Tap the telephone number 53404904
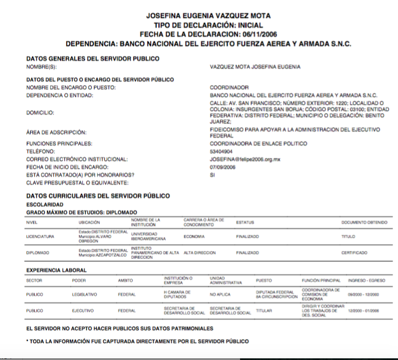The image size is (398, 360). pos(221,151)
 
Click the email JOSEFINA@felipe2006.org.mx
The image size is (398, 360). pos(245,159)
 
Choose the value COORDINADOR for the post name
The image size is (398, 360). pos(228,88)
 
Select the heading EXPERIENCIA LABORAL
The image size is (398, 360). pos(57,270)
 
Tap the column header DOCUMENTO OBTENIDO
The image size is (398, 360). pos(364,222)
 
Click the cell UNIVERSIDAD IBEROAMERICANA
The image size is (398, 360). pos(148,236)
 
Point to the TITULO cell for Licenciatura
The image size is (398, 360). pos(348,237)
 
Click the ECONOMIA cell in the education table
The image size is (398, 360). pos(194,237)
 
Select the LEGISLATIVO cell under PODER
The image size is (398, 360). pos(85,294)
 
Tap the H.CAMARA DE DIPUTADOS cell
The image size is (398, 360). pos(178,294)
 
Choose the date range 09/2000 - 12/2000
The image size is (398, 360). pos(363,294)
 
